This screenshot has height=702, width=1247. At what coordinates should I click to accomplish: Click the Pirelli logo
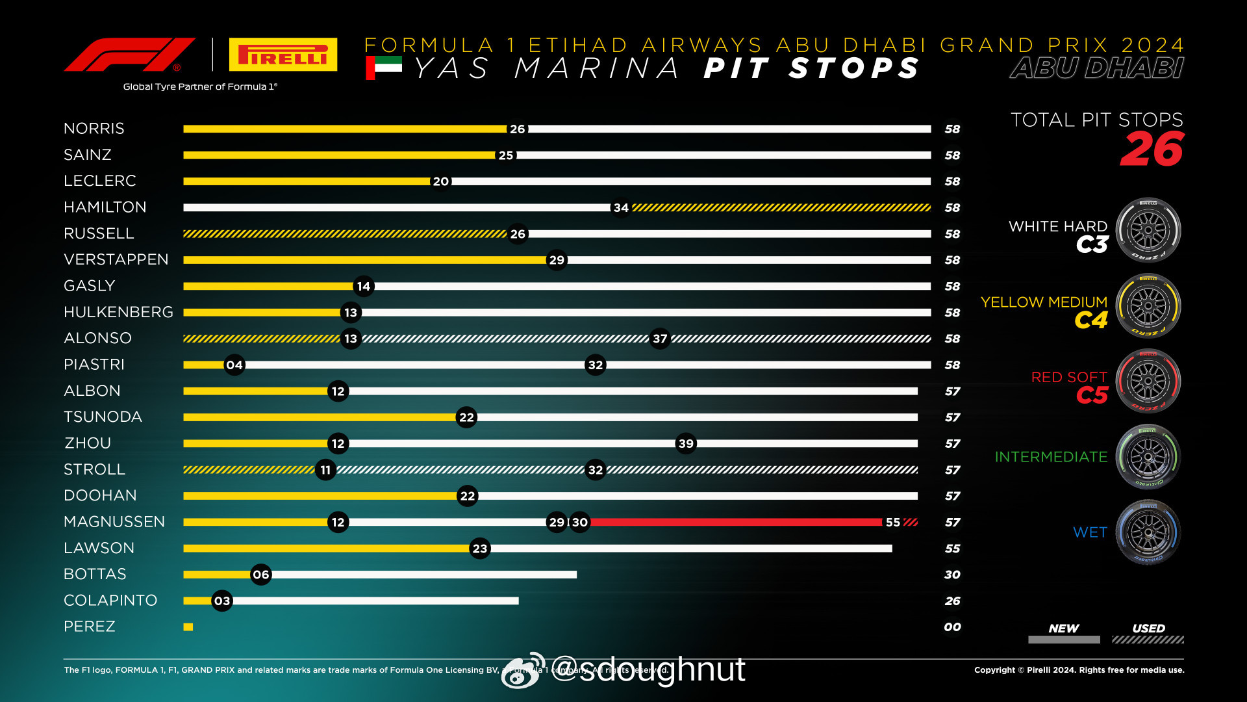coord(283,55)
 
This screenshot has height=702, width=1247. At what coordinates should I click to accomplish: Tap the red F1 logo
coord(129,55)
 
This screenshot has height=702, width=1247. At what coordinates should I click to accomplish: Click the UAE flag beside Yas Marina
coord(384,67)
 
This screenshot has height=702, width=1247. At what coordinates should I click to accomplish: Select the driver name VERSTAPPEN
coord(116,259)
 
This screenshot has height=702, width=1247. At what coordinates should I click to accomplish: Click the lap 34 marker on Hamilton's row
coord(621,207)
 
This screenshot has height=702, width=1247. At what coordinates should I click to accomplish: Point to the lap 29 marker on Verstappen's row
coord(557,260)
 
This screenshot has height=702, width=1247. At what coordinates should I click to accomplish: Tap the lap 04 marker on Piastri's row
coord(234,365)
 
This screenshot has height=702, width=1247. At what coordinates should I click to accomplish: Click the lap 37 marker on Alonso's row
coord(660,339)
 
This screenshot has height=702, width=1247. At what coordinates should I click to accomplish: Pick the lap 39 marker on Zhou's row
coord(686,443)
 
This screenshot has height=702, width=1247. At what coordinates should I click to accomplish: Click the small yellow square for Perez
coord(188,627)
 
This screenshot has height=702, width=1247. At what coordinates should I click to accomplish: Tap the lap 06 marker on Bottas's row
coord(261,575)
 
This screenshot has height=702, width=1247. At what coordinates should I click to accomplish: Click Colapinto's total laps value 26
coord(952,601)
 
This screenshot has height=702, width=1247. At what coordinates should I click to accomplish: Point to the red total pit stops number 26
coord(1152,149)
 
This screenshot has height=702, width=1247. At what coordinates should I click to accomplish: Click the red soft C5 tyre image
coord(1148,382)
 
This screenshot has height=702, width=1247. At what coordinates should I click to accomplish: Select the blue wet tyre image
coord(1148,532)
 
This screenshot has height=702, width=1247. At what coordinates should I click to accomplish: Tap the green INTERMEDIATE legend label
coord(1051,457)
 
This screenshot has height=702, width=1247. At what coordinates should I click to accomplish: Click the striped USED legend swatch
coord(1148,640)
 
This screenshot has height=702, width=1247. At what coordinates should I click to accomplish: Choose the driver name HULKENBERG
coord(118,312)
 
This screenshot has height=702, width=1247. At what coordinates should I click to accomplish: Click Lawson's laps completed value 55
coord(952,549)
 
